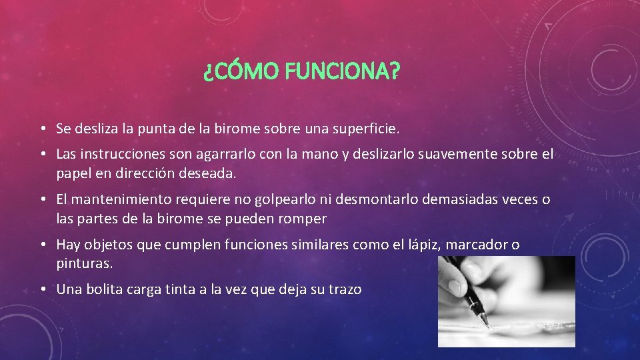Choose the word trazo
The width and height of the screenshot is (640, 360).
(345, 289)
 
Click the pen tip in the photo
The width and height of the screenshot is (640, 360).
(487, 325)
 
